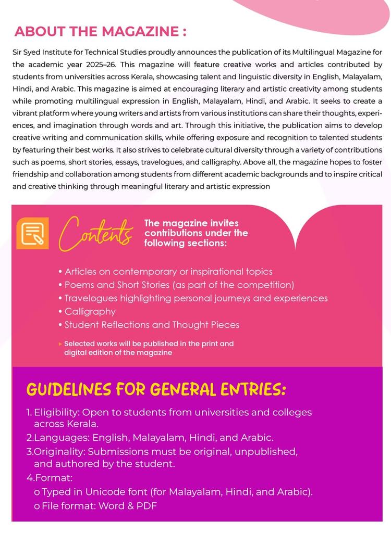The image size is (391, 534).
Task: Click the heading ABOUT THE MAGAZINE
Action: point(100,31)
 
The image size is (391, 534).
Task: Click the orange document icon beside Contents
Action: point(32,233)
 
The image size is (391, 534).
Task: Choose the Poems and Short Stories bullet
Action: point(179,285)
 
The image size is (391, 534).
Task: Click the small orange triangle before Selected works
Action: point(60,344)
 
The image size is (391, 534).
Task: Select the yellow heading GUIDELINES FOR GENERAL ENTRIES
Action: point(156,389)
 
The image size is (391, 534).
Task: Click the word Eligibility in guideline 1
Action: point(56,412)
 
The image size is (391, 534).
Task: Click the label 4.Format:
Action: point(50,477)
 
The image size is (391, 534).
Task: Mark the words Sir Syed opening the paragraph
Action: point(28,53)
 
